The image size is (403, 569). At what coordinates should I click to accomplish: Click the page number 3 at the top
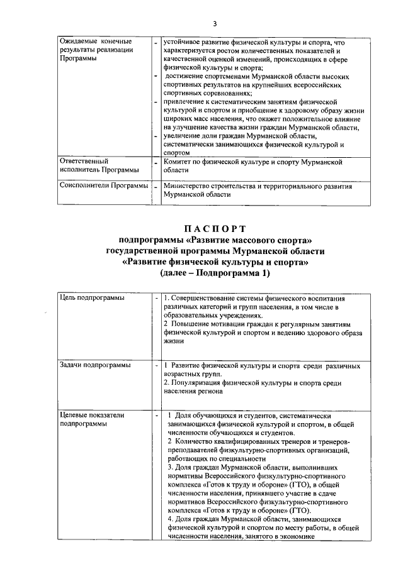pyautogui.click(x=214, y=24)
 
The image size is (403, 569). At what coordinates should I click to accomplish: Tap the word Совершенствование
pyautogui.click(x=208, y=297)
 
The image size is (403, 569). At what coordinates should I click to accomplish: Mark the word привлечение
pyautogui.click(x=187, y=101)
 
